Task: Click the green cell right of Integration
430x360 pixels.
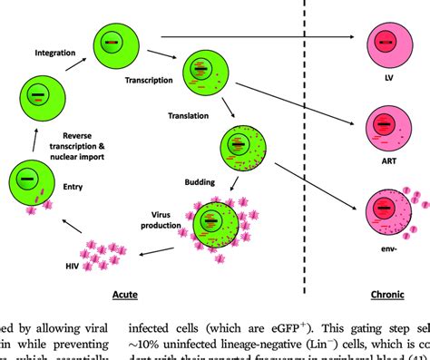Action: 111,45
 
